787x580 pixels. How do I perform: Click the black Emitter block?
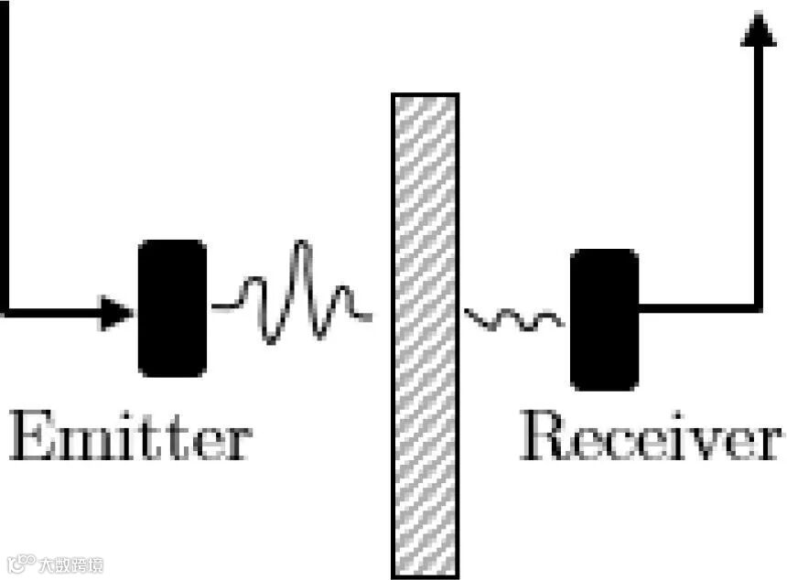(172, 308)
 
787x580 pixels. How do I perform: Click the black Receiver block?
(604, 319)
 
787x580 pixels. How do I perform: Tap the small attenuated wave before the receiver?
(512, 319)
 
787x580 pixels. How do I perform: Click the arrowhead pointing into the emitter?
(117, 313)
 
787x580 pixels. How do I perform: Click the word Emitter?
(130, 438)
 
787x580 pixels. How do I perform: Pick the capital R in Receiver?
(545, 438)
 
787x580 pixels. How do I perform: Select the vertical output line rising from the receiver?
(759, 183)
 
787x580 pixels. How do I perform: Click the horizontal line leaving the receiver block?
(695, 307)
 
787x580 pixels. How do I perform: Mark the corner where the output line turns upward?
(758, 307)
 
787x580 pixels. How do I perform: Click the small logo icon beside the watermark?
(20, 562)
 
